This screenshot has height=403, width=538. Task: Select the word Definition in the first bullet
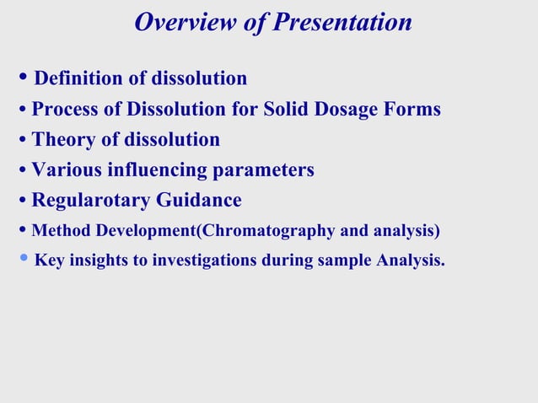pyautogui.click(x=79, y=79)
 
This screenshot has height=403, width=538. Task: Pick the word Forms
pyautogui.click(x=415, y=110)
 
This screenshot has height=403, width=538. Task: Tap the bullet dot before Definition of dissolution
pyautogui.click(x=23, y=78)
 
